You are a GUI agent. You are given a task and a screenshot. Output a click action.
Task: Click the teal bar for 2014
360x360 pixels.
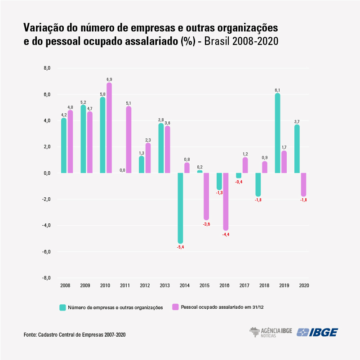click(180, 208)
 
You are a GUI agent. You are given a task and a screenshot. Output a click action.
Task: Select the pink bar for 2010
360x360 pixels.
click(109, 128)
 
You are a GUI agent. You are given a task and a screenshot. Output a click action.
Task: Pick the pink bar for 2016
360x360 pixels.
click(226, 202)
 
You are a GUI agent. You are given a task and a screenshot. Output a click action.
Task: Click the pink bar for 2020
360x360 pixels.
click(303, 185)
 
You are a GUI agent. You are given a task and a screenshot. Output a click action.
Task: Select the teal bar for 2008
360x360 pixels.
click(64, 146)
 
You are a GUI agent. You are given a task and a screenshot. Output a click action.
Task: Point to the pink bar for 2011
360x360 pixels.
click(129, 140)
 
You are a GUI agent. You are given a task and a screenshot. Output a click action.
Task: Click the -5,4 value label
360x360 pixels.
click(180, 247)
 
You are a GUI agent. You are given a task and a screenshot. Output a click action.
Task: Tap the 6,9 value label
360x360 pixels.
click(109, 80)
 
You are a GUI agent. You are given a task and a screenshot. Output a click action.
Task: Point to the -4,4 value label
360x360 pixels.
click(226, 235)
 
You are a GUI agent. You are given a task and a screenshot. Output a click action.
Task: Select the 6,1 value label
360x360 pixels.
click(278, 90)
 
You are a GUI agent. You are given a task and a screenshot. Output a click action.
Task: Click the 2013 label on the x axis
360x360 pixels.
click(164, 285)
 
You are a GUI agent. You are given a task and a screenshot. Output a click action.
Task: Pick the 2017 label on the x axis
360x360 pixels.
click(245, 285)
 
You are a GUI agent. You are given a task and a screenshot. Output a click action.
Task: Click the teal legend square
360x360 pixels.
click(63, 307)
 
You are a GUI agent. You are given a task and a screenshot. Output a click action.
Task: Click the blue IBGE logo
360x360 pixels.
click(317, 332)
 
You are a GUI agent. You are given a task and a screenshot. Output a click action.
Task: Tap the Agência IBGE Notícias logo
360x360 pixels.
click(271, 332)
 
